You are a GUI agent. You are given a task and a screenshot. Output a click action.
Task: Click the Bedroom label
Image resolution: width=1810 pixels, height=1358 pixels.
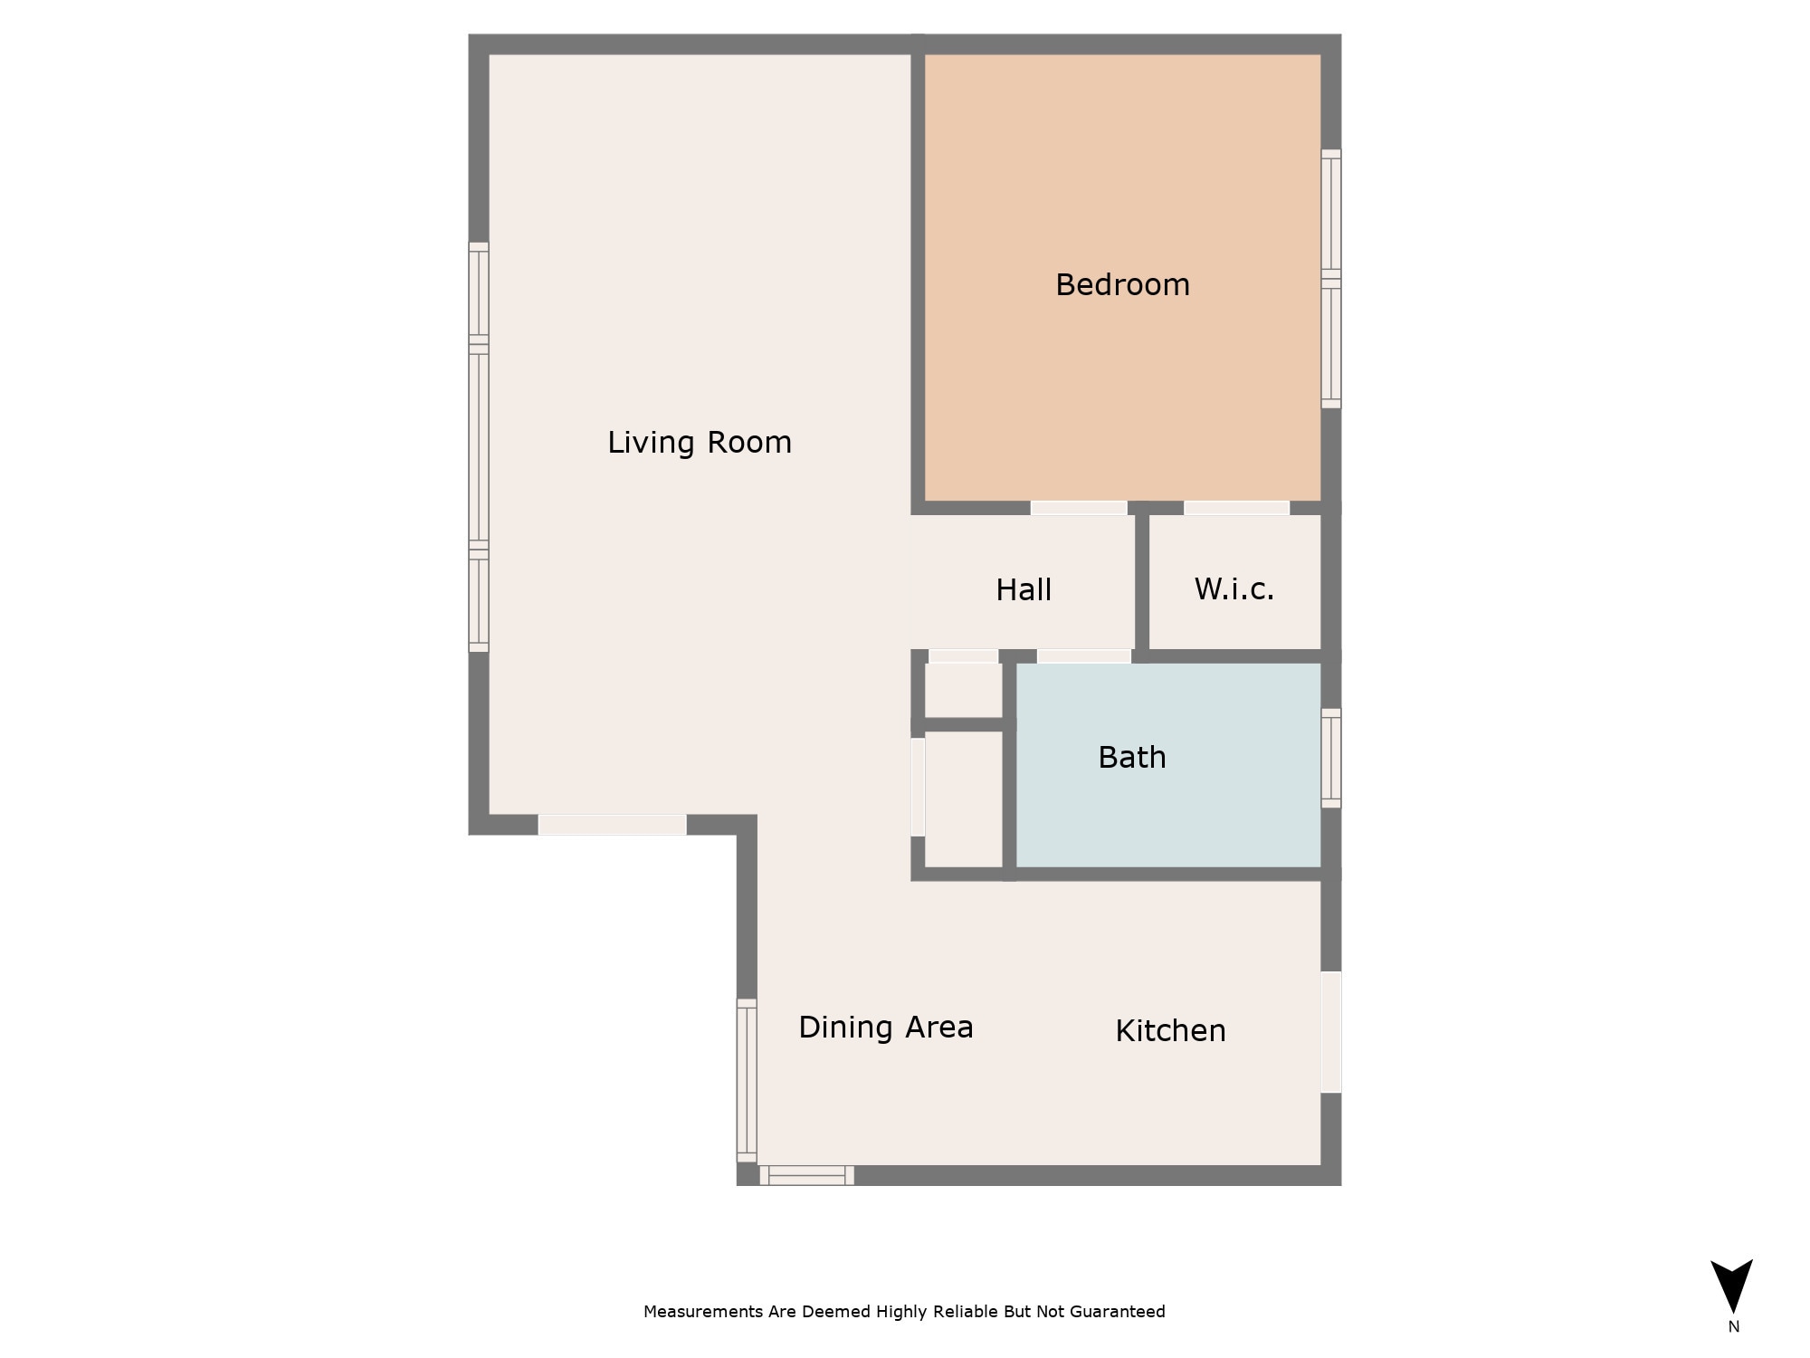point(1122,284)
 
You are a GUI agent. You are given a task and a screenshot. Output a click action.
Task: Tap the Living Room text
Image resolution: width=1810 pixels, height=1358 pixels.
point(699,442)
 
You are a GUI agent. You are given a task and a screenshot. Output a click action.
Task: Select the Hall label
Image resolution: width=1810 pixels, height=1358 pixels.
point(1023,589)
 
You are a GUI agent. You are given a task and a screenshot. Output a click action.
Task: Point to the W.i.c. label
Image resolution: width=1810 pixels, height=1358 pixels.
point(1234,588)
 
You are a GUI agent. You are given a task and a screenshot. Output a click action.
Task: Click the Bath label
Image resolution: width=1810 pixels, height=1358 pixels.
point(1131,757)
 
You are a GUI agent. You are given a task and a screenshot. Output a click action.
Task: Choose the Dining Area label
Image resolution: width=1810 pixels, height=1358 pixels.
point(885,1027)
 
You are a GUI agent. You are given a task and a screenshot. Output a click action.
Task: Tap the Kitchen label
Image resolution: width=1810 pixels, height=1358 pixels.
point(1170,1030)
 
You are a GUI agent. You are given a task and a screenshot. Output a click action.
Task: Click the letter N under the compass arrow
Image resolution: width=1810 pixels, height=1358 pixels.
point(1733,1327)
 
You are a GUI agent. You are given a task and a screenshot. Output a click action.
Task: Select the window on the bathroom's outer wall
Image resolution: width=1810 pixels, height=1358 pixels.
point(1330,758)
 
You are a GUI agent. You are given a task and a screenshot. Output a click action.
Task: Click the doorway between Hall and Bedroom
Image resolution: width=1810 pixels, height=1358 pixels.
point(1079,508)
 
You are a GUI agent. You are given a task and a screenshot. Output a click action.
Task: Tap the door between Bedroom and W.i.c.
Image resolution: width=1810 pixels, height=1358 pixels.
point(1236,508)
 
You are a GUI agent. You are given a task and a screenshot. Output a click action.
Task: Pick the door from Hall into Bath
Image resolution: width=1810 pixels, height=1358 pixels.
point(1083,655)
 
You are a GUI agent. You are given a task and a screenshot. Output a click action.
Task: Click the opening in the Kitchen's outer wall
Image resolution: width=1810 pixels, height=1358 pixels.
point(1330,1032)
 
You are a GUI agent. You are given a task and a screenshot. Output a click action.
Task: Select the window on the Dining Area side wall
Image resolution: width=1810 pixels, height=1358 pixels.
point(747,1080)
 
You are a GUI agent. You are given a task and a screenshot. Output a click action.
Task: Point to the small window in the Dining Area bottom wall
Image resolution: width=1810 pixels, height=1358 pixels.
point(806,1175)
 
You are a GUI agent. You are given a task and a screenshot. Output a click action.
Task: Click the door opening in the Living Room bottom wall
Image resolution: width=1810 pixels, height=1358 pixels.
point(612,825)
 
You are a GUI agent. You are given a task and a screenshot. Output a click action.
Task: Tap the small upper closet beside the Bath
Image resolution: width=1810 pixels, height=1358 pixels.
point(963,690)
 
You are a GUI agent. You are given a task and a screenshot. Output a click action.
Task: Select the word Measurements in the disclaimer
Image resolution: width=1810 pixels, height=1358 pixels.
point(703,1312)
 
